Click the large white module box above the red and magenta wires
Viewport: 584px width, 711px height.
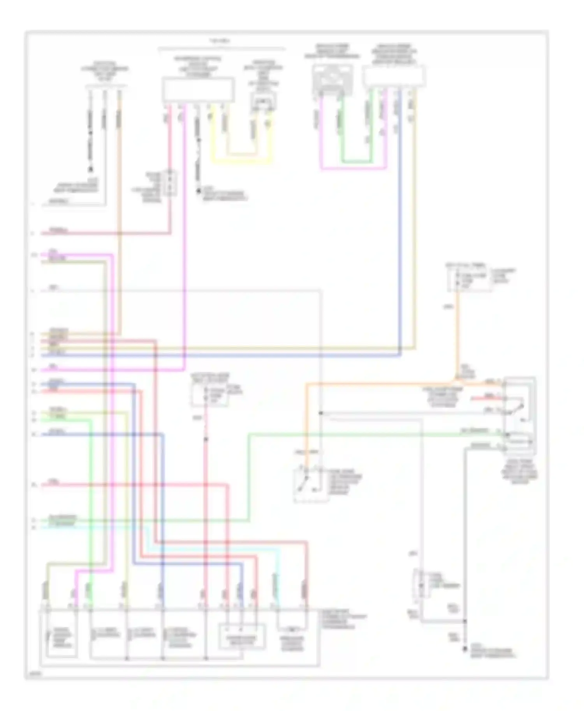point(198,89)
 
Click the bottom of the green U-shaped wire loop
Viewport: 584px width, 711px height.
point(356,162)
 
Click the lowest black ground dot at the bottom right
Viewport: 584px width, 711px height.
point(464,648)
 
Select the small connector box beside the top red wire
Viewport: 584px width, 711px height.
point(170,183)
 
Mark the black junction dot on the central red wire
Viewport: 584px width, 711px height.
point(206,439)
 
